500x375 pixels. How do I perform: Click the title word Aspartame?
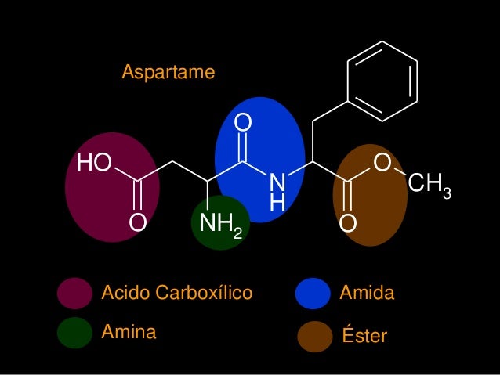pyautogui.click(x=168, y=73)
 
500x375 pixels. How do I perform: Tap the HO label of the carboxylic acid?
pyautogui.click(x=93, y=163)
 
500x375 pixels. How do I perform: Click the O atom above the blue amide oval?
pyautogui.click(x=244, y=123)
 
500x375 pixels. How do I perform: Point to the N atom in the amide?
pyautogui.click(x=276, y=182)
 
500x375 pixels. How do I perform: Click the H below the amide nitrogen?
pyautogui.click(x=277, y=203)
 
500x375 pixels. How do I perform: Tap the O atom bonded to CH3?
pyautogui.click(x=382, y=163)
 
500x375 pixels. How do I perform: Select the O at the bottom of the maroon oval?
pyautogui.click(x=137, y=223)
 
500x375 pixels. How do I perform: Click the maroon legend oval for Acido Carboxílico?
pyautogui.click(x=74, y=294)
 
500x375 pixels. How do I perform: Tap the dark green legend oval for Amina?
pyautogui.click(x=74, y=332)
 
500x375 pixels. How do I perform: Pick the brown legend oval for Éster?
pyautogui.click(x=316, y=337)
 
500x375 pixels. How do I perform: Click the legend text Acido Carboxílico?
pyautogui.click(x=177, y=294)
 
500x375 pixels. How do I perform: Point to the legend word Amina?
pyautogui.click(x=129, y=332)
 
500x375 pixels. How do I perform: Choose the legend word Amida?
pyautogui.click(x=367, y=294)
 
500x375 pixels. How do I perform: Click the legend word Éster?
pyautogui.click(x=365, y=336)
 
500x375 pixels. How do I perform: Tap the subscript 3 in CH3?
pyautogui.click(x=447, y=193)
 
